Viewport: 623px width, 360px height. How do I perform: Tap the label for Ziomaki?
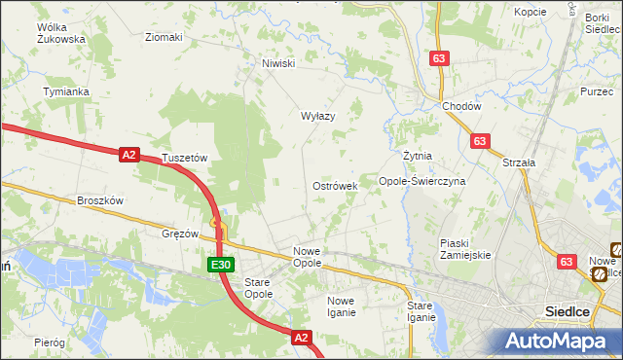(x=164, y=38)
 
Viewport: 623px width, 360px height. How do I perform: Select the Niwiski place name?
(x=277, y=64)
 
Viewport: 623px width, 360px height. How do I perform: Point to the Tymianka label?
(x=66, y=91)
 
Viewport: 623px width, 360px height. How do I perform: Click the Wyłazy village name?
(x=317, y=116)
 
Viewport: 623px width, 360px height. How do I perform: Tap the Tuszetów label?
(x=186, y=157)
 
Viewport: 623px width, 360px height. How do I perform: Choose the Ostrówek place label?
(x=335, y=185)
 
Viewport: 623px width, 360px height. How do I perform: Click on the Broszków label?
(x=100, y=200)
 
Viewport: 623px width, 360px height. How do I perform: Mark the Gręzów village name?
(x=180, y=234)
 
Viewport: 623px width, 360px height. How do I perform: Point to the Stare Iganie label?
(x=421, y=311)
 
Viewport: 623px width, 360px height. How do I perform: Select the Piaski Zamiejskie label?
(x=465, y=248)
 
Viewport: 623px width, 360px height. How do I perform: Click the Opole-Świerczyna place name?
(x=422, y=181)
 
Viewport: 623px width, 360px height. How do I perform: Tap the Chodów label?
(x=460, y=106)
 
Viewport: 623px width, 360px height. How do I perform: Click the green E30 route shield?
(x=220, y=265)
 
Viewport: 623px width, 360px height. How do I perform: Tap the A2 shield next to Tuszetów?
(x=129, y=154)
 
